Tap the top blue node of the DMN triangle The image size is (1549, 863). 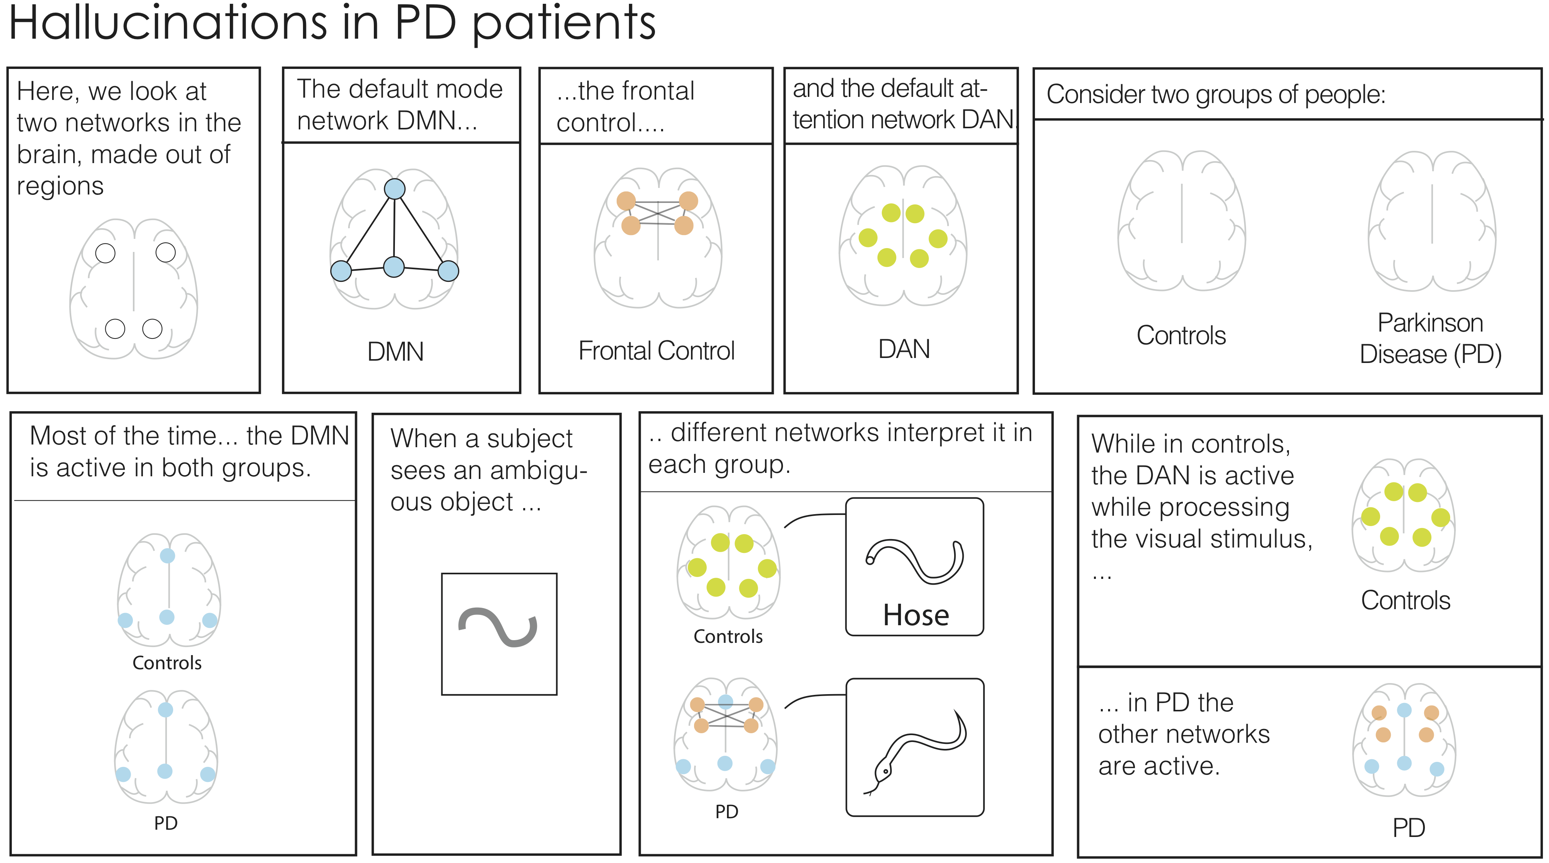coord(395,189)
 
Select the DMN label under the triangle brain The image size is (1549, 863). coord(396,351)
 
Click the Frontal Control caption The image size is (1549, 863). coord(656,350)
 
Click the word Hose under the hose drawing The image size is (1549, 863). coord(916,615)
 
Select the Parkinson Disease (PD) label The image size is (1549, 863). coord(1431,338)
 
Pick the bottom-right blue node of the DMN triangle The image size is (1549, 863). coord(448,270)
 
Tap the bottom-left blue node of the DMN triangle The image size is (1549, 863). coord(341,270)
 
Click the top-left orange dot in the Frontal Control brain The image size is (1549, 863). coord(626,200)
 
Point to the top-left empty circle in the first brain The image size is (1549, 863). coord(105,253)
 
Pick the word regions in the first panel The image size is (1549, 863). coord(60,187)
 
